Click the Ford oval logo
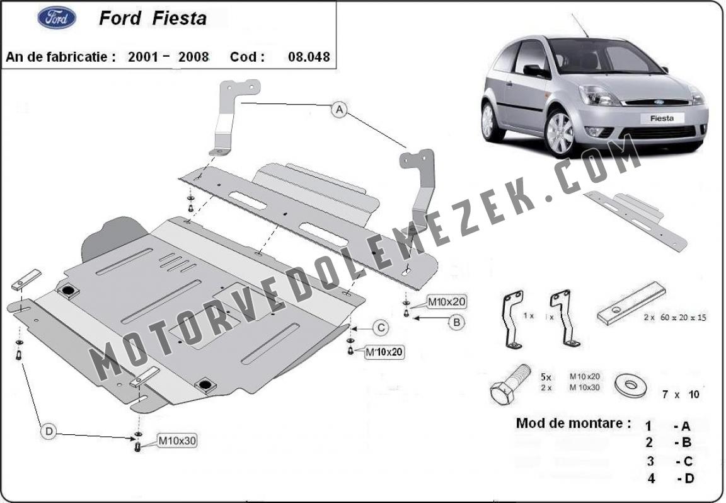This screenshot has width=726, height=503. coord(57,18)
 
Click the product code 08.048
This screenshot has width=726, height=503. coord(309,57)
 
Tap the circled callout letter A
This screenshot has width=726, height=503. coord(340,110)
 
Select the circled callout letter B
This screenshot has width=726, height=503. coord(456,322)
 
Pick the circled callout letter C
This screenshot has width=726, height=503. coord(381,328)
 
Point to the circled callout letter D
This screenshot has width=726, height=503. coord(49,432)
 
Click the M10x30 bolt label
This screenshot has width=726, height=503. coord(177,441)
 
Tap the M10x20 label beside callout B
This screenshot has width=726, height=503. coord(446,303)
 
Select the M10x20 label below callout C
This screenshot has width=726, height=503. coord(384,352)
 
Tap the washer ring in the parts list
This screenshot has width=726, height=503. coord(630,385)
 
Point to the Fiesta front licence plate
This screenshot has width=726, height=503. coord(662,118)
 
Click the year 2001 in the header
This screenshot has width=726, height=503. coord(143,57)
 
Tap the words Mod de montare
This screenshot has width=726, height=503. coord(573,423)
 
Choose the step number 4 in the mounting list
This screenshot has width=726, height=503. coord(652,478)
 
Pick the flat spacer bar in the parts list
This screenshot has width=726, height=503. coord(631,303)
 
